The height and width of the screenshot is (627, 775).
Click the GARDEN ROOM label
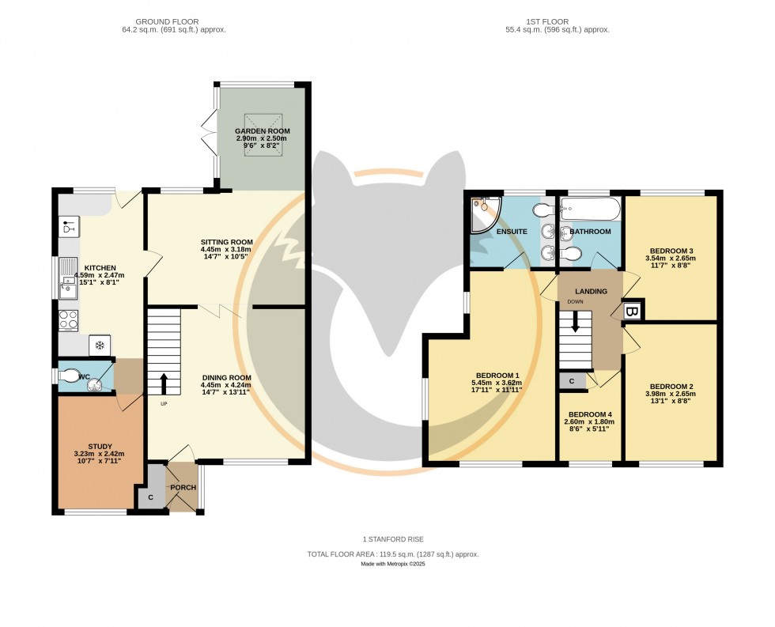pos(263,131)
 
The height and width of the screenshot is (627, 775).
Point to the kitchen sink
pos(69,279)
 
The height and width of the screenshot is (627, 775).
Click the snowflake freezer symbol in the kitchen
pos(100,345)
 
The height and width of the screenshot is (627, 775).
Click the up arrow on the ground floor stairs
pos(164,383)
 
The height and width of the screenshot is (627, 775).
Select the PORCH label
pos(183,488)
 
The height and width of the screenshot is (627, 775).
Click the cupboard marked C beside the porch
pos(150,497)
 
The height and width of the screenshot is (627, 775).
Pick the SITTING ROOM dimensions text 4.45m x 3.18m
pos(227,251)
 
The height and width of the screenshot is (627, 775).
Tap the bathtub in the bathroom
pos(590,210)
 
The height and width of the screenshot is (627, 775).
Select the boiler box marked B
pos(632,311)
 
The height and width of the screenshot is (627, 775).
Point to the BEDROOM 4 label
pos(589,414)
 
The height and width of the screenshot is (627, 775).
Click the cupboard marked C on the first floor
pos(572,381)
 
